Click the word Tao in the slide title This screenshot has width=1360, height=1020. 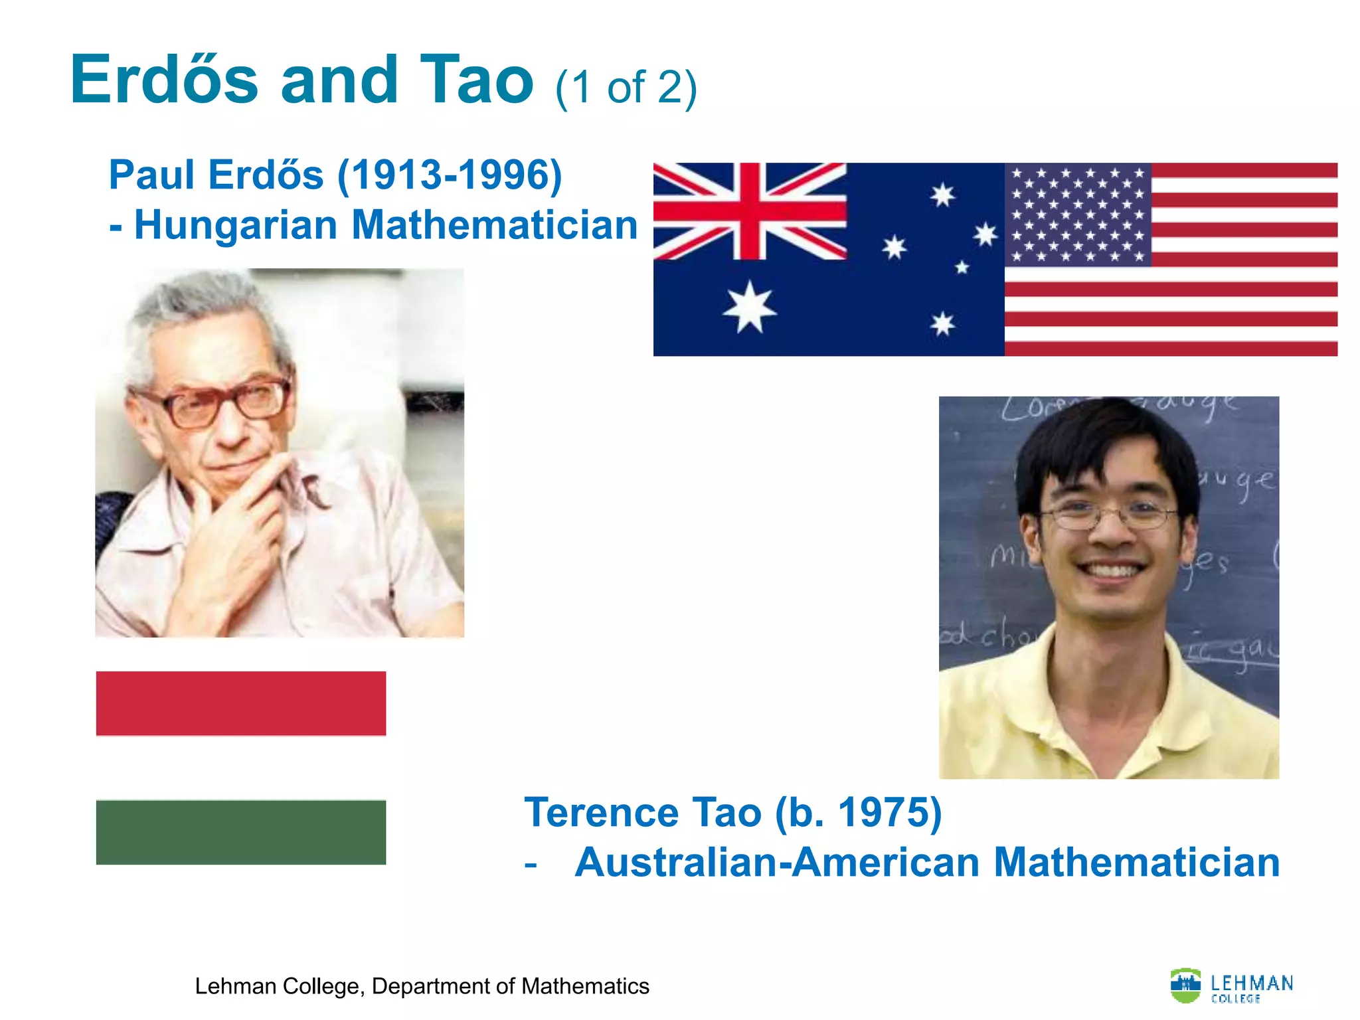476,81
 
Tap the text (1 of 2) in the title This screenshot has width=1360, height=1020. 626,88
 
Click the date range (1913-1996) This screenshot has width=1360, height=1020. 450,175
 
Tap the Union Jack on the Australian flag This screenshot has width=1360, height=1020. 750,211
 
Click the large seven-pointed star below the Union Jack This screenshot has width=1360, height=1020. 750,307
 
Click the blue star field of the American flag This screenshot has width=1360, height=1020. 1078,214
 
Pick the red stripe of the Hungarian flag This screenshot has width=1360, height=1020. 241,703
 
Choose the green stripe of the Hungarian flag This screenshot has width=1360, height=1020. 241,832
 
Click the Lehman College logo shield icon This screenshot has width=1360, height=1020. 1185,985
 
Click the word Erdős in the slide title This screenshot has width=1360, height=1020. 164,81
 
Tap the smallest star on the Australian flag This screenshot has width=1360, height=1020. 962,268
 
